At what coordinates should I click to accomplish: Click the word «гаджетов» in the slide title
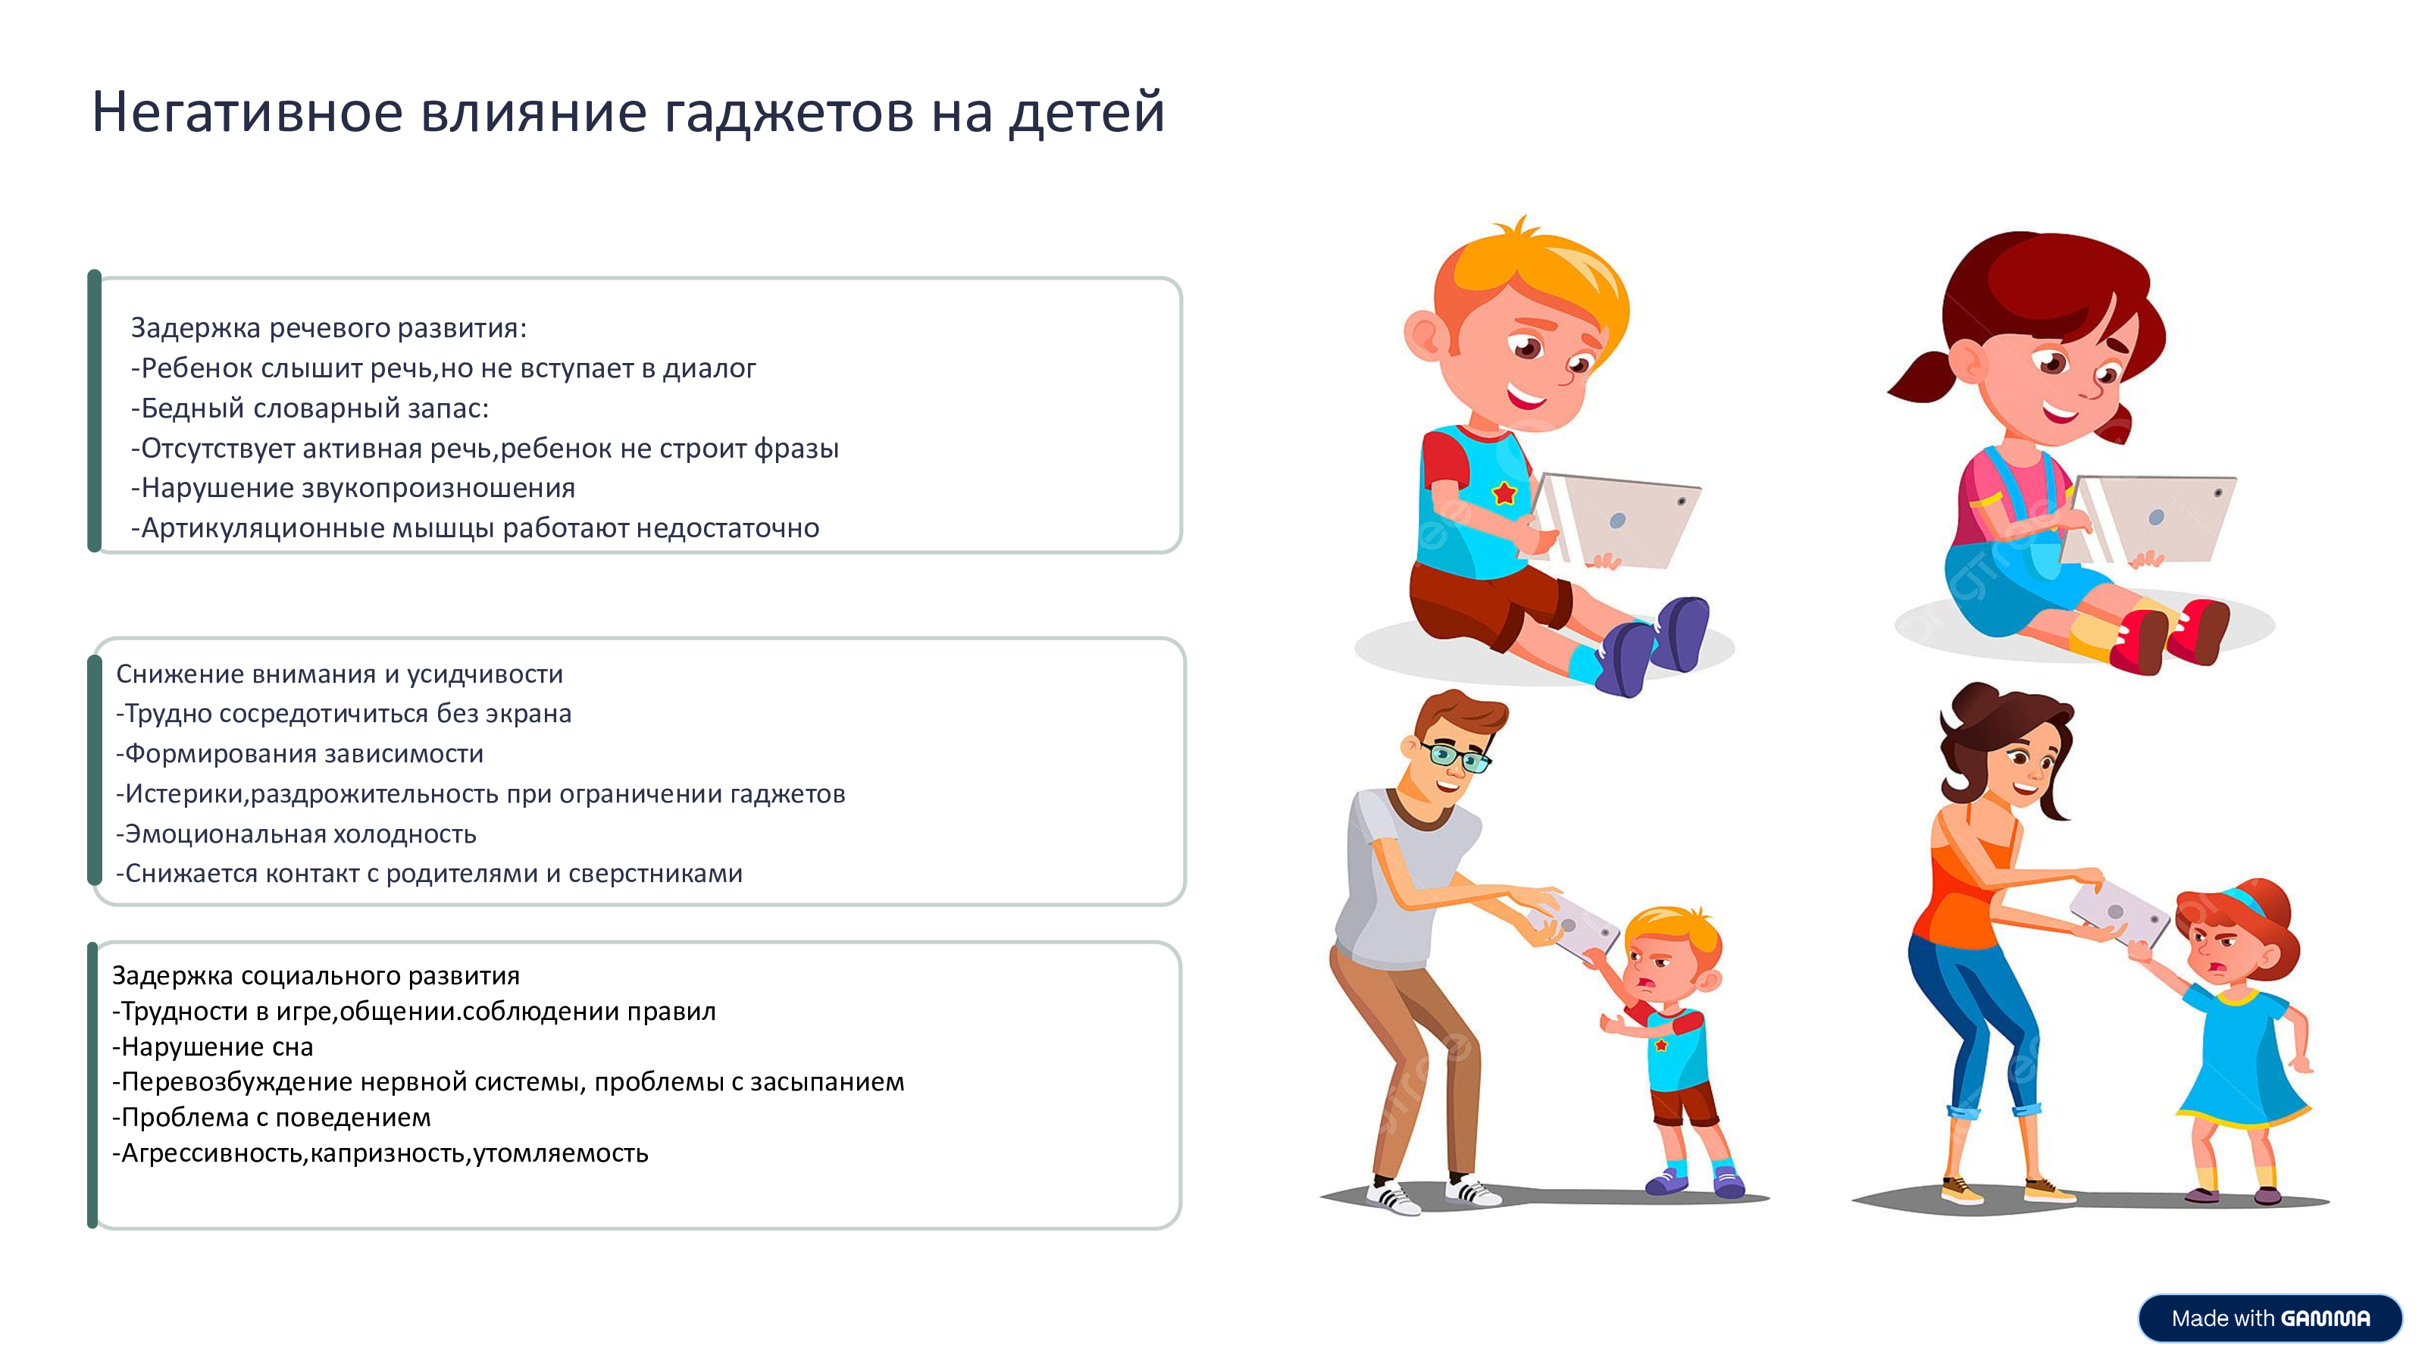point(789,114)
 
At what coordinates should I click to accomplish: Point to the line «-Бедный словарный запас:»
point(310,408)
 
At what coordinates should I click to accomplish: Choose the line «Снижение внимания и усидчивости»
point(339,674)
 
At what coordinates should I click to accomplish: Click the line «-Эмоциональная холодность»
point(296,834)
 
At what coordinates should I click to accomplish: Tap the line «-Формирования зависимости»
point(299,754)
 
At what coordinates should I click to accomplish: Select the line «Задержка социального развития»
point(316,976)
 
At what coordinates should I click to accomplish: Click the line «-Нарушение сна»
point(213,1046)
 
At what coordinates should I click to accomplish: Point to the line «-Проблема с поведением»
point(271,1118)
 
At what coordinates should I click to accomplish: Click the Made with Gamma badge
point(2270,1318)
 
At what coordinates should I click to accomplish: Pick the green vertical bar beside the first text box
point(94,411)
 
